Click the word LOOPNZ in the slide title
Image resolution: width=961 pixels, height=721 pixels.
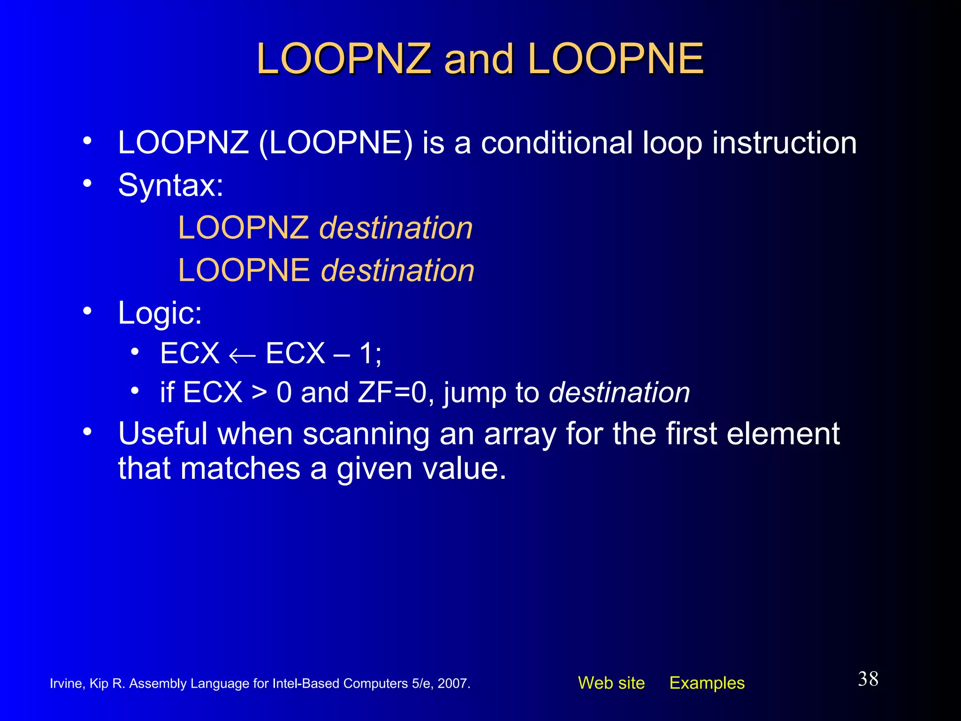coord(343,59)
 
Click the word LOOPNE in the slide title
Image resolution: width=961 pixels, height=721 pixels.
coord(615,59)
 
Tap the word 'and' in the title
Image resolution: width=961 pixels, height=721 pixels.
coord(479,59)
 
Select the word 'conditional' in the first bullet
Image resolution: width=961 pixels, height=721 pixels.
coord(557,143)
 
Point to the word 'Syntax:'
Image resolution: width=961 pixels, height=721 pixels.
coord(171,185)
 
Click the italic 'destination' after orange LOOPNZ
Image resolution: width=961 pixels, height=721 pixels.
coord(396,228)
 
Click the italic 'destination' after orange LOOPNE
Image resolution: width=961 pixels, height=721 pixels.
coord(397,271)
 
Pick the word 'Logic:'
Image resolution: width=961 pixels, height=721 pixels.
coord(160,313)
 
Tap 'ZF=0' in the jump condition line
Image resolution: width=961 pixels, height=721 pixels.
coord(392,392)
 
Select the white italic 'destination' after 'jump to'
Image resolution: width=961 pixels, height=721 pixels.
coord(619,392)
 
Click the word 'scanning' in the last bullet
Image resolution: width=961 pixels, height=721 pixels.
coord(366,434)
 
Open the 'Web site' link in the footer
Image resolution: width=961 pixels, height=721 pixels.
coord(611,683)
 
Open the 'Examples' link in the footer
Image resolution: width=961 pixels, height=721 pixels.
coord(707,683)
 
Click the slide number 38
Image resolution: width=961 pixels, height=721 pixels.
coord(868,679)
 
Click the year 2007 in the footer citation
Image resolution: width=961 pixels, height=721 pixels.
coord(453,683)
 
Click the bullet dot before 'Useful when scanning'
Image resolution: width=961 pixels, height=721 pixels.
coord(87,432)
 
